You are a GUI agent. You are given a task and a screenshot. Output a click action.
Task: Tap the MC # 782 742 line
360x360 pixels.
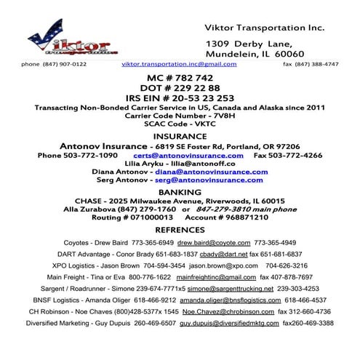point(180,78)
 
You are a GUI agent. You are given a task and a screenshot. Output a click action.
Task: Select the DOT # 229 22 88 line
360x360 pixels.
point(180,88)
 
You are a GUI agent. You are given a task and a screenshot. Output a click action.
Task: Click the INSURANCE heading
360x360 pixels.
point(180,135)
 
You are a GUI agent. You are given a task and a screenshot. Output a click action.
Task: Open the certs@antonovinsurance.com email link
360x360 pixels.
point(188,156)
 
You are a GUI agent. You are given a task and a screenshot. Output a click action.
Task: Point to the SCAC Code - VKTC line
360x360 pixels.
point(180,123)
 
